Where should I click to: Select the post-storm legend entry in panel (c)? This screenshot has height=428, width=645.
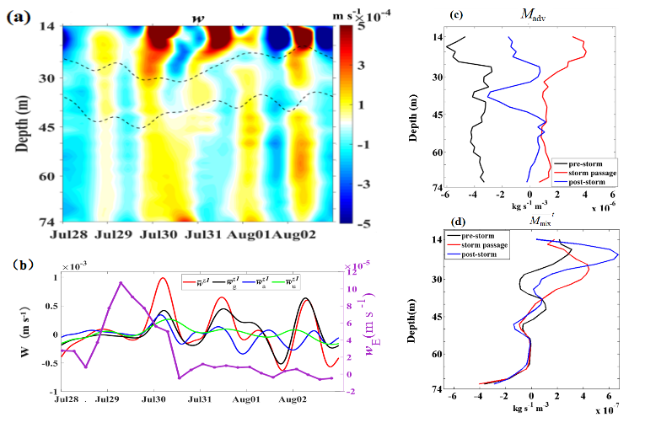point(588,181)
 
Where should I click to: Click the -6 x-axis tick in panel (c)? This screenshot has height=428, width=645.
point(443,195)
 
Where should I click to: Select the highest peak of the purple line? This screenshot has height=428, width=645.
point(121,283)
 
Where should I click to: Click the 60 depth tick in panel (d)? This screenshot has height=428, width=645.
point(439,355)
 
